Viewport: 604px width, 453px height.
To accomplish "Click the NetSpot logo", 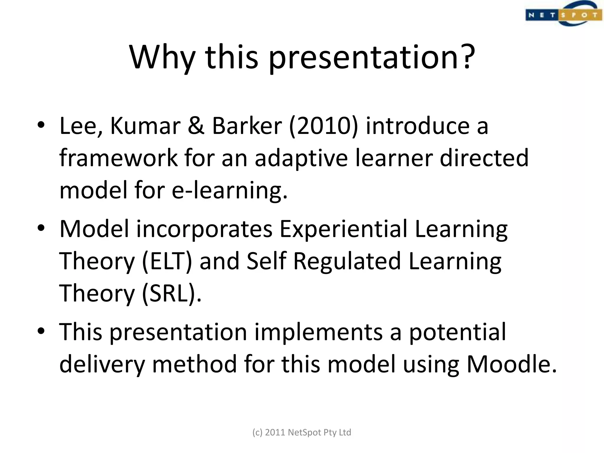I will point(563,14).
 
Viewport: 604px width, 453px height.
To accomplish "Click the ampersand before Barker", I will point(196,126).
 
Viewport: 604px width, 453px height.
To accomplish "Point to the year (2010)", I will point(323,126).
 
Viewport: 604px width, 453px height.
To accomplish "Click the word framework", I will point(118,158).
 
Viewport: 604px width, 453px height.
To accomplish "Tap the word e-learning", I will point(229,191).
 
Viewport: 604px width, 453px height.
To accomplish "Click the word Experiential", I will point(343,229).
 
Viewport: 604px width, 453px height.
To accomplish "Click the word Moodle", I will point(511,365).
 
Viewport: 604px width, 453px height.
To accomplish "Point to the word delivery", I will point(102,365).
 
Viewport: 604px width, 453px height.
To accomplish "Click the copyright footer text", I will point(302,432).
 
